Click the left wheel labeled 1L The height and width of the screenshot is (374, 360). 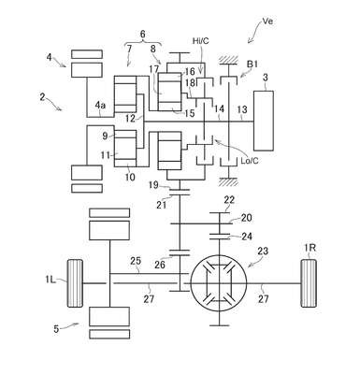pos(75,283)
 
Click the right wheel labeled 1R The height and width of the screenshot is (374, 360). pos(309,283)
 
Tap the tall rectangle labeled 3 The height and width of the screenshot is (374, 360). pos(264,121)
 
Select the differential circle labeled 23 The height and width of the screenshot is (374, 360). pos(219,283)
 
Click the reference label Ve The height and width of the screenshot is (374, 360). pos(267,22)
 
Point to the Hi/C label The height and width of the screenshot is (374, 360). pos(200,41)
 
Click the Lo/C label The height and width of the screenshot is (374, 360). pos(250,161)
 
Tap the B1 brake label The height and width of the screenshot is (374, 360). pos(252,65)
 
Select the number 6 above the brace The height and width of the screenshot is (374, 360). pos(143,34)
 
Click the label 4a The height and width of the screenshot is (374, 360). pos(100,106)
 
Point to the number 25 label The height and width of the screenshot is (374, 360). pos(136,261)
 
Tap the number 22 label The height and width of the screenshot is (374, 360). pos(229,199)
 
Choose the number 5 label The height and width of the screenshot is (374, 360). pos(56,329)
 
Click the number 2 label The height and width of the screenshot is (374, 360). pos(42,97)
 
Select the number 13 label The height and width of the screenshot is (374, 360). pos(242,109)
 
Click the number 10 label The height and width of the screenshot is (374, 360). pos(130,177)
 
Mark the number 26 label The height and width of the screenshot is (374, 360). pos(160,265)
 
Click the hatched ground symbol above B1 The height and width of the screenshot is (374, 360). pos(228,60)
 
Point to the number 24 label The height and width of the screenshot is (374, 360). pos(247,236)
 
